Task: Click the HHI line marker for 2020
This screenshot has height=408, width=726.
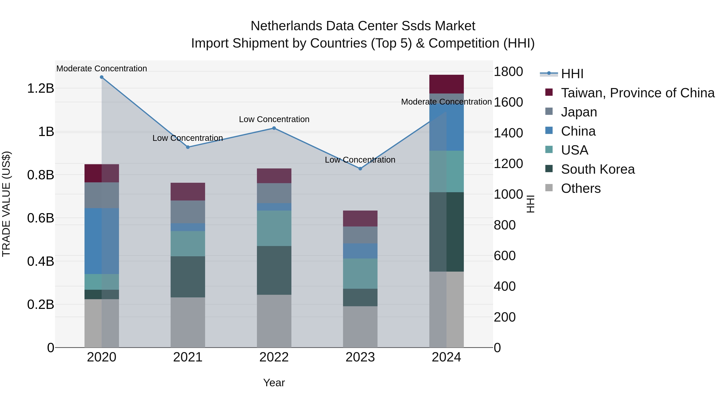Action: [x=102, y=77]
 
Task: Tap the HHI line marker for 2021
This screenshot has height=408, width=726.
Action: [x=188, y=147]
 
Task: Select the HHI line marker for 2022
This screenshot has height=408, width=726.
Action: [x=274, y=128]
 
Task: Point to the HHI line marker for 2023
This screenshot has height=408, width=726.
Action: [x=360, y=169]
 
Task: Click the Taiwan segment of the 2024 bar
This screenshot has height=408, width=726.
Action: [x=446, y=84]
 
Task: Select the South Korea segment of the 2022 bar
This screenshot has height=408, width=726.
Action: [x=274, y=270]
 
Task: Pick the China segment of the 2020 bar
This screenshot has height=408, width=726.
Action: [x=102, y=241]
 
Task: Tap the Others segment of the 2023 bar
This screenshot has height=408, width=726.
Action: [x=360, y=327]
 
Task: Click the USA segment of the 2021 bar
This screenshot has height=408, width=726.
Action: [x=188, y=244]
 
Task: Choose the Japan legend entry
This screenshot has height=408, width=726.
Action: [x=579, y=112]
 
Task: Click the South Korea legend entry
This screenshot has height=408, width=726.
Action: [x=598, y=169]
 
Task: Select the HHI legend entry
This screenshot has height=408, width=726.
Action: [x=572, y=74]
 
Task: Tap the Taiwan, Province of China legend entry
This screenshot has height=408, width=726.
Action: [x=637, y=93]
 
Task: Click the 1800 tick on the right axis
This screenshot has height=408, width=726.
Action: [x=508, y=72]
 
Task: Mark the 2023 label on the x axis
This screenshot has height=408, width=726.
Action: [x=360, y=357]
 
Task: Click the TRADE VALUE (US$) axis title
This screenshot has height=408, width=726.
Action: [x=6, y=204]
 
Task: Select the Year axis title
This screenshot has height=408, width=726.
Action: [x=274, y=383]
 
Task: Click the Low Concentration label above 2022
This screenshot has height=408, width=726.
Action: [x=274, y=119]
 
